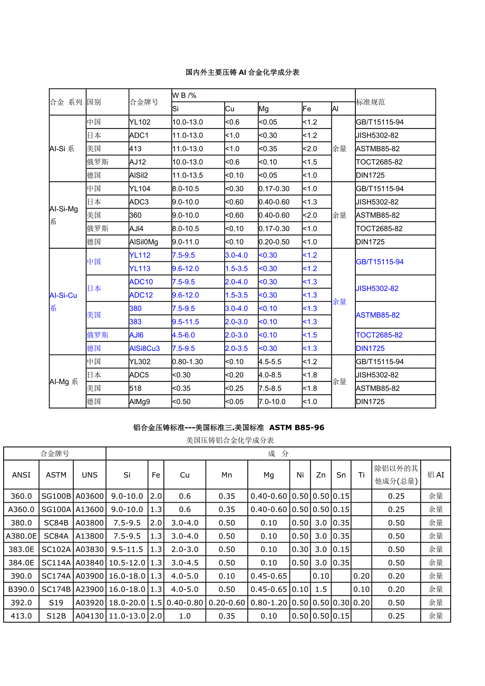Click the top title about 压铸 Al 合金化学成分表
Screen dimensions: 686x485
coord(242,72)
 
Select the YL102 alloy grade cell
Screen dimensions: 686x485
coord(140,122)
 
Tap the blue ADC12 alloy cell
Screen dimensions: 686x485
coord(141,295)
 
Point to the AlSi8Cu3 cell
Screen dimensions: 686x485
coord(144,348)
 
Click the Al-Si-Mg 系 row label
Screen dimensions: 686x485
coord(64,215)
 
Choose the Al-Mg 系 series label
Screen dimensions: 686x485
coord(64,381)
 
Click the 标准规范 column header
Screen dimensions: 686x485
coord(371,102)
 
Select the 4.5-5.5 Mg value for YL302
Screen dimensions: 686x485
coord(270,362)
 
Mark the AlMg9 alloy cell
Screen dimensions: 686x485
coord(140,401)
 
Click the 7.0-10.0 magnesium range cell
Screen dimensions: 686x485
coord(272,401)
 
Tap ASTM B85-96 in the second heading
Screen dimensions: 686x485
coord(297,428)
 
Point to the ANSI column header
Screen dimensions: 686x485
coord(21,475)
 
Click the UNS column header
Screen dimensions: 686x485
coord(90,475)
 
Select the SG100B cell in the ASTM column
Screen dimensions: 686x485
coord(56,496)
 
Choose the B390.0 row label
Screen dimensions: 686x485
coord(21,589)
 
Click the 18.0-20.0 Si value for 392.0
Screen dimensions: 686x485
coord(127,602)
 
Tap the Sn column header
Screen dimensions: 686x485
coord(341,475)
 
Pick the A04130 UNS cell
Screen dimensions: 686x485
coord(90,615)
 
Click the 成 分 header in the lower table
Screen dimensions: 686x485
coord(278,454)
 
